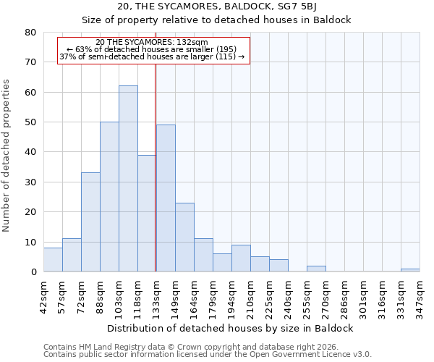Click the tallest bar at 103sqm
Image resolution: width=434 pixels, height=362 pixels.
[x=128, y=179]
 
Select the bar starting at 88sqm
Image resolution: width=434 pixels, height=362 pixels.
[x=109, y=197]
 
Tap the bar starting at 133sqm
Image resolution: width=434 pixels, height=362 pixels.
[x=166, y=198]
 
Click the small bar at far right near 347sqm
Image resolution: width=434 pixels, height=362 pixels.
[x=410, y=270]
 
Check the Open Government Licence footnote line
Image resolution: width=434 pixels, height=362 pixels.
[x=208, y=355]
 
